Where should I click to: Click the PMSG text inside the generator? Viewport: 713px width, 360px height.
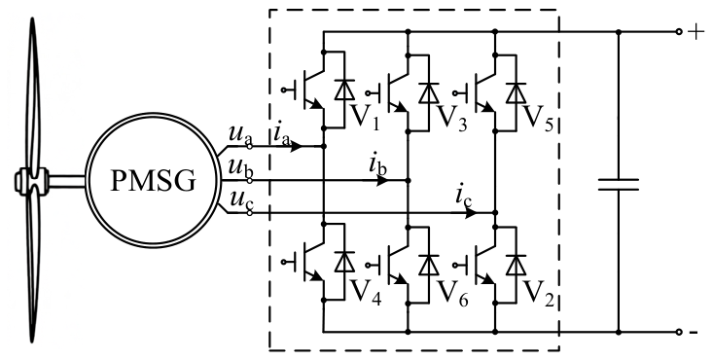coord(154,181)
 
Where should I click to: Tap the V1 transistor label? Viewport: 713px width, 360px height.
coord(365,117)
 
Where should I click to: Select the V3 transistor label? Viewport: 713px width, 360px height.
coord(451,118)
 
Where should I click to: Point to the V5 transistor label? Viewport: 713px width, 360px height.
coord(538,118)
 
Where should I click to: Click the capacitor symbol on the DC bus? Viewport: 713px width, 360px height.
coord(619,184)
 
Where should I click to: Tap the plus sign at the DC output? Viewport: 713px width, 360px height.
coord(696,32)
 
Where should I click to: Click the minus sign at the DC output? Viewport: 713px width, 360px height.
coord(694,333)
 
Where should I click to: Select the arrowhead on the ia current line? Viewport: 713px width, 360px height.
coord(296,146)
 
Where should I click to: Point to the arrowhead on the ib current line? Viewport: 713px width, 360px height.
coord(383,181)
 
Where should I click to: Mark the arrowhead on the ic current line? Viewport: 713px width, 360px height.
coord(471,212)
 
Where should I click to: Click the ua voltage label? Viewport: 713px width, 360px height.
coord(240,134)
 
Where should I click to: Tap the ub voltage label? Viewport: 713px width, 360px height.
coord(240,168)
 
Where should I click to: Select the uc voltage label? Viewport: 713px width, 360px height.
coord(240,200)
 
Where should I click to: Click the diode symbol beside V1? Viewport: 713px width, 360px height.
coord(344,90)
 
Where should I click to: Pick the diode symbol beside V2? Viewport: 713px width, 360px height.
coord(517,264)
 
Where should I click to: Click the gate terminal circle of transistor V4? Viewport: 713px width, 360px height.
coord(284,262)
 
